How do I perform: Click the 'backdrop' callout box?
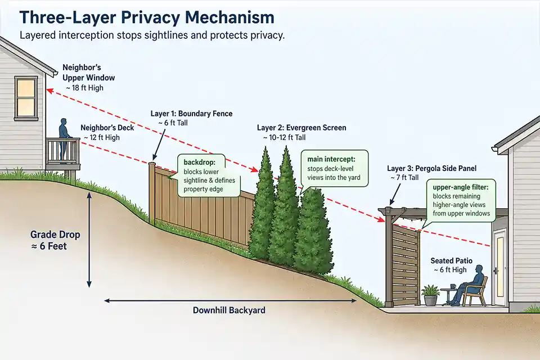pyautogui.click(x=210, y=175)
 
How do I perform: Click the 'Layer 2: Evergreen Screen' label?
pyautogui.click(x=301, y=128)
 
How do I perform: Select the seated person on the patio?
pyautogui.click(x=471, y=286)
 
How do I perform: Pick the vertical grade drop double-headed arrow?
pyautogui.click(x=89, y=239)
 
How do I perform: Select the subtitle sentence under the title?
pyautogui.click(x=152, y=35)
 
